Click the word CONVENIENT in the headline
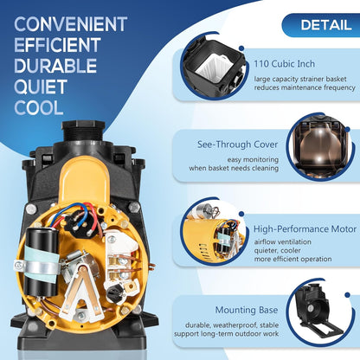tap(71, 24)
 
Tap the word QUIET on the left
tap(41, 87)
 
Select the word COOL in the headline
tap(39, 108)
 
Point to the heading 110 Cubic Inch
tap(284, 64)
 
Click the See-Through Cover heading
tap(238, 145)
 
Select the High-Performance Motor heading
tap(305, 229)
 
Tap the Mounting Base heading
tap(247, 310)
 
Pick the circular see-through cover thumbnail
tap(319, 147)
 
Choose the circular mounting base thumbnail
tap(320, 313)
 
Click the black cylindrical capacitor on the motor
tap(41, 262)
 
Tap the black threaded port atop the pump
tap(83, 131)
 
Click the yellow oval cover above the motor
tap(84, 181)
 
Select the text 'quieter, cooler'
tap(277, 250)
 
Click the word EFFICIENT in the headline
tap(57, 45)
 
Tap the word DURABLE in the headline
tap(55, 66)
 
